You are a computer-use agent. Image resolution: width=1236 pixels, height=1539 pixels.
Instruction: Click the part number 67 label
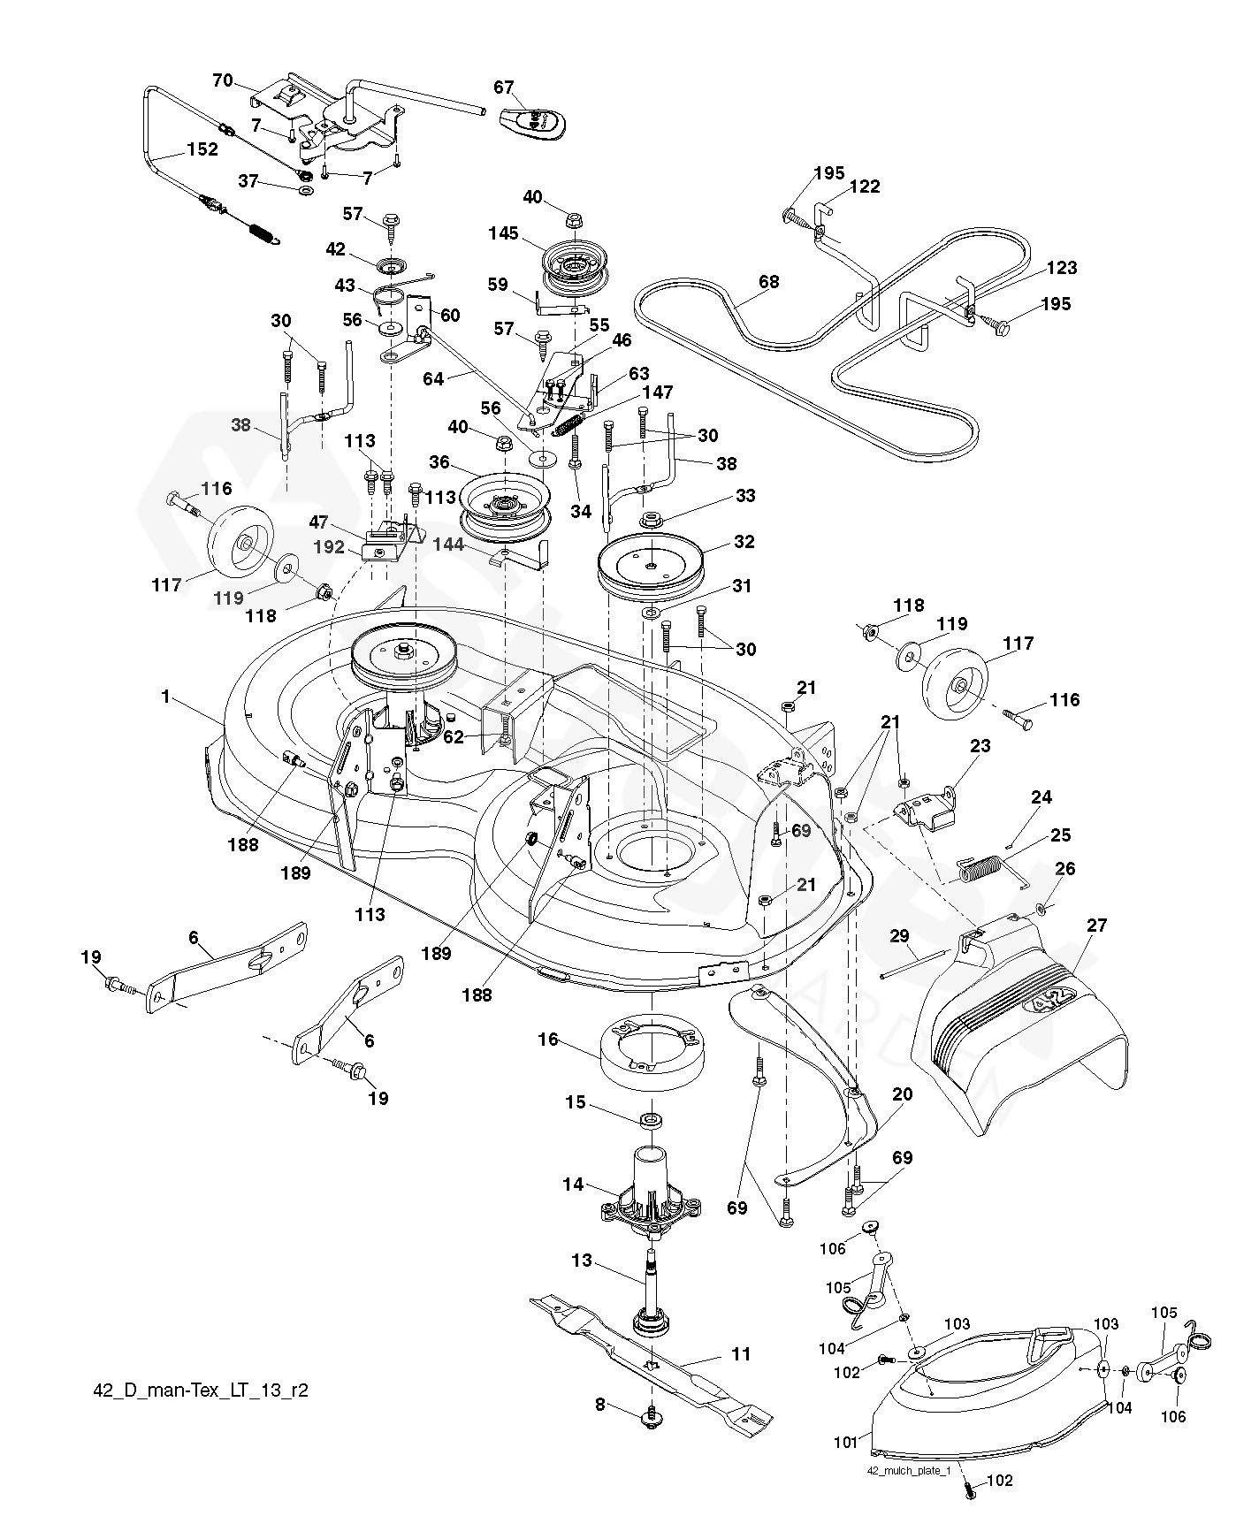pyautogui.click(x=503, y=87)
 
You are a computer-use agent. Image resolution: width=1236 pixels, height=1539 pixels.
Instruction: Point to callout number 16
pyautogui.click(x=548, y=1039)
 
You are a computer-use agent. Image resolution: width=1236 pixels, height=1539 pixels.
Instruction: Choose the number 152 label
pyautogui.click(x=202, y=149)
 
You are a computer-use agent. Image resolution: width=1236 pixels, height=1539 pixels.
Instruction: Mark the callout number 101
pyautogui.click(x=846, y=1444)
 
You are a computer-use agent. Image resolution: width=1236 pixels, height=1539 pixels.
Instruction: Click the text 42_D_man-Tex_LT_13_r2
pyautogui.click(x=201, y=1390)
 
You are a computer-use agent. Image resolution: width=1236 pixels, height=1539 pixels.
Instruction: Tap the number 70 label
pyautogui.click(x=223, y=81)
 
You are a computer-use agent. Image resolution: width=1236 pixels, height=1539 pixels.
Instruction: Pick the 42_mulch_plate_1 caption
pyautogui.click(x=909, y=1471)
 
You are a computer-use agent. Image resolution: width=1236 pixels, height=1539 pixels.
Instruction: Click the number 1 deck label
pyautogui.click(x=165, y=697)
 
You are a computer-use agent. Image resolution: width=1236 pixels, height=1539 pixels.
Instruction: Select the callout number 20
pyautogui.click(x=903, y=1094)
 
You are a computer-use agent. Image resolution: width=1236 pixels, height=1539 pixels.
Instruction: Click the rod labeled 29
pyautogui.click(x=915, y=964)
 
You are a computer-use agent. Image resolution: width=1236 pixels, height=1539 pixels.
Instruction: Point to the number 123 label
pyautogui.click(x=1063, y=267)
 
